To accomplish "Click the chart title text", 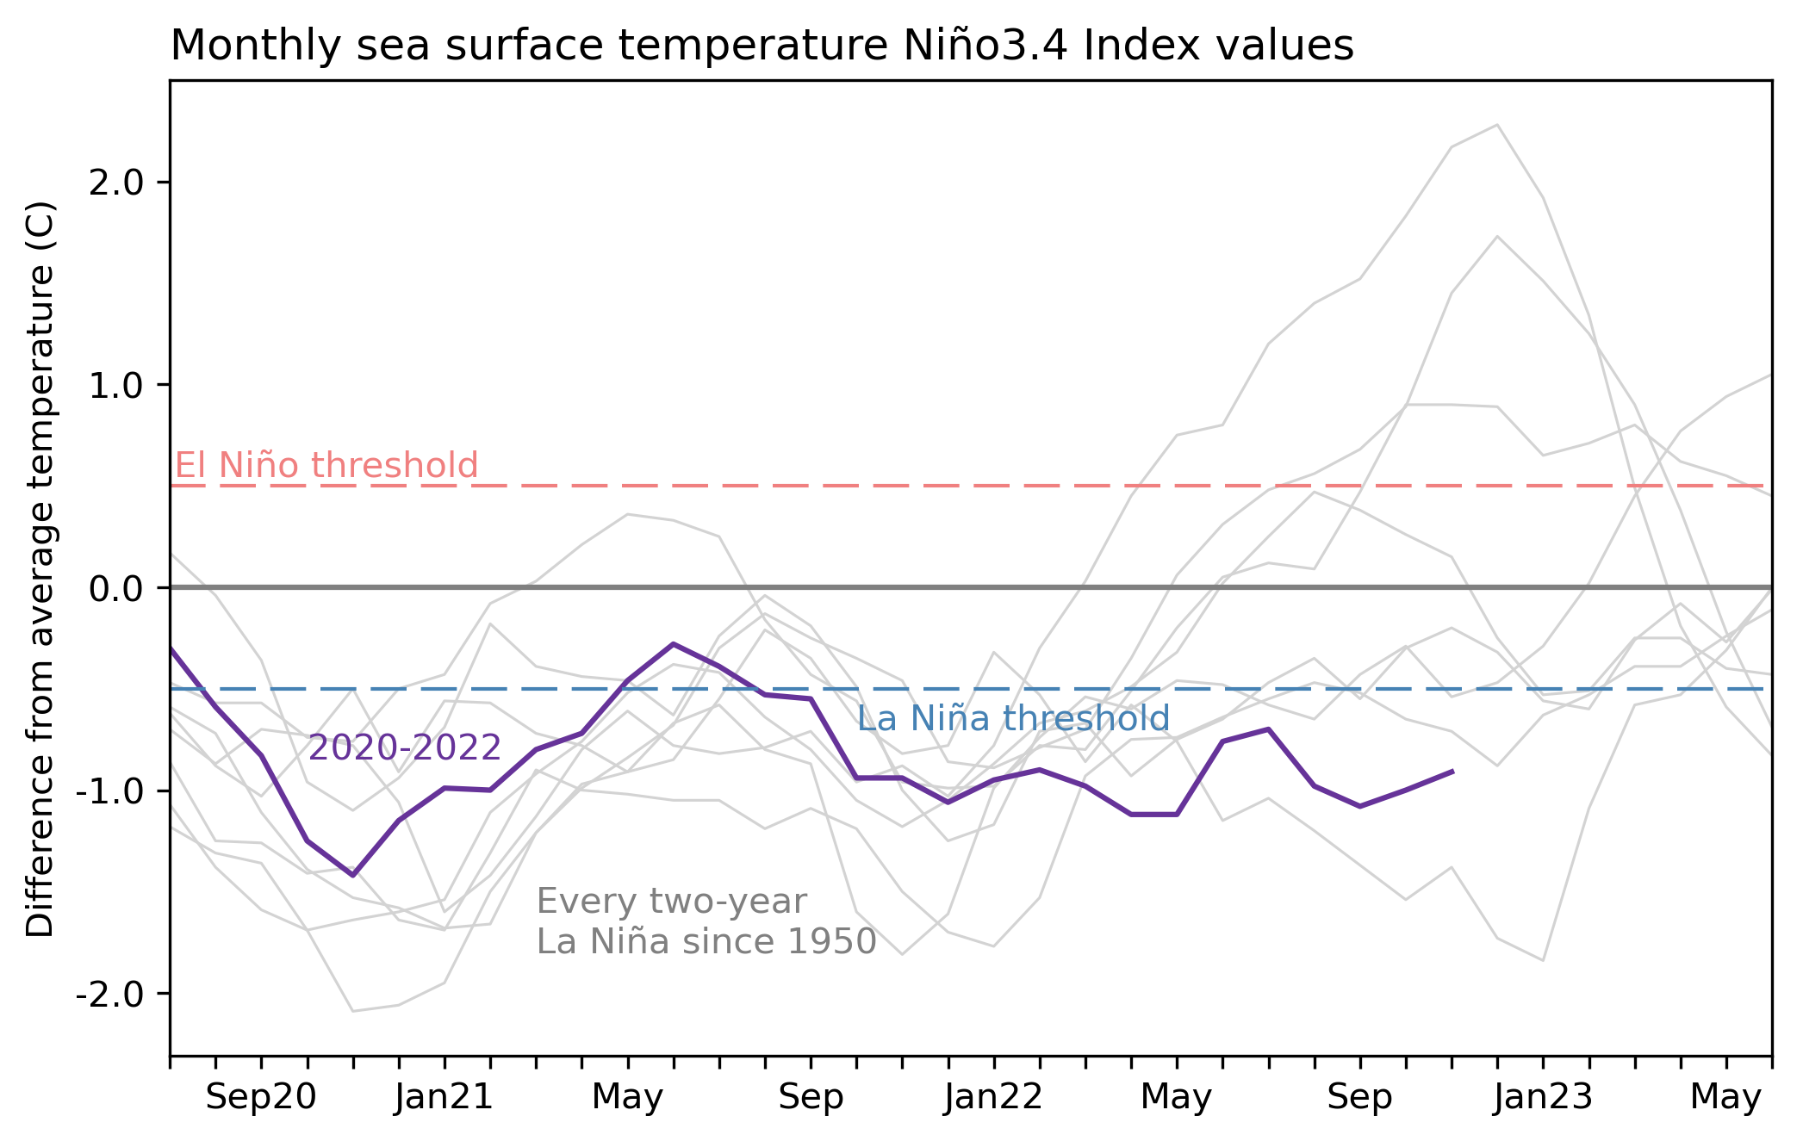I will tap(762, 46).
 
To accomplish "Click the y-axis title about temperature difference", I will tap(40, 569).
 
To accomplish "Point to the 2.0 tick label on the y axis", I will tap(115, 183).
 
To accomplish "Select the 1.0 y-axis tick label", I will tap(115, 385).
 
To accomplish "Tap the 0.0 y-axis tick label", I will tap(115, 588).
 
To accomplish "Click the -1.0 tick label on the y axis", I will tap(109, 791).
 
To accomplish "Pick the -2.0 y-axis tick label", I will tap(109, 994).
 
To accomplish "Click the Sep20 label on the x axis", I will tap(261, 1097).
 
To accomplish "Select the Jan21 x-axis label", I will tap(444, 1097).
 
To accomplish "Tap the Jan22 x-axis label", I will tap(993, 1097).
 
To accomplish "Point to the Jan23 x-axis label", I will tap(1543, 1097).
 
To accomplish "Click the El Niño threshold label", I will tap(326, 465).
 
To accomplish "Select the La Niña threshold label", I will tap(1013, 718).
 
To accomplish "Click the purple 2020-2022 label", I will tap(405, 747).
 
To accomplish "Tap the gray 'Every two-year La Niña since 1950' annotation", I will tap(706, 921).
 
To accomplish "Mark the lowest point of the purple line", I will tap(353, 875).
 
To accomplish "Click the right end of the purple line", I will tap(1453, 771).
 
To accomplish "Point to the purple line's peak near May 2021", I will tap(673, 643).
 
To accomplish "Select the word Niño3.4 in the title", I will tap(987, 46).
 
